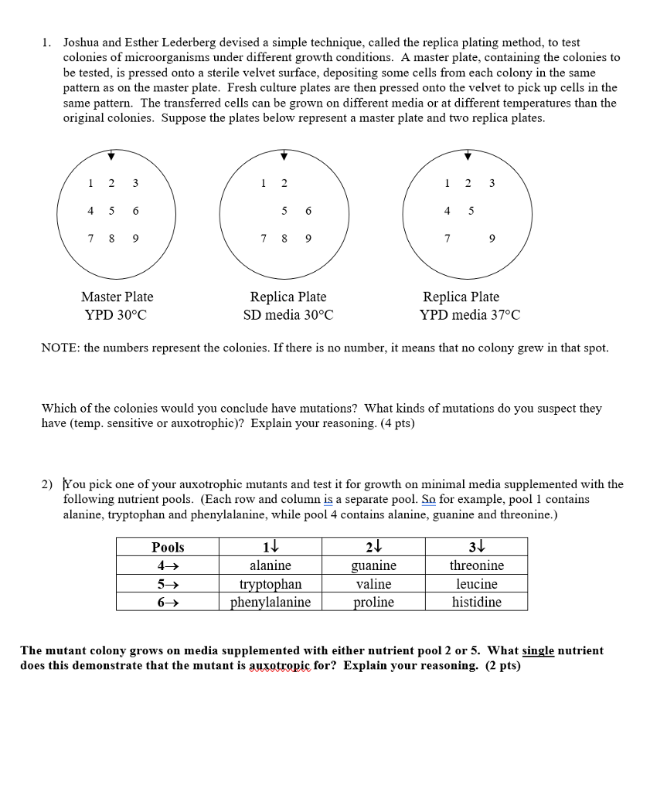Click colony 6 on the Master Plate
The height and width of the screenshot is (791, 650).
(x=136, y=211)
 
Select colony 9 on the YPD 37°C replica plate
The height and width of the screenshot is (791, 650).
(x=493, y=239)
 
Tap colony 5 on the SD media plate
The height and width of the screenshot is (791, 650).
(x=284, y=211)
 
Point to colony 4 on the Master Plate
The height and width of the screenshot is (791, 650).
(x=90, y=211)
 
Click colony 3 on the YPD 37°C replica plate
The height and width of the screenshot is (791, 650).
(x=492, y=183)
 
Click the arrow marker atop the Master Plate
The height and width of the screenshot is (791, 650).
(x=111, y=156)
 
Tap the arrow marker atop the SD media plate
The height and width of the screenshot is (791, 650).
(x=284, y=156)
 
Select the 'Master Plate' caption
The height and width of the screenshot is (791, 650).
(x=117, y=297)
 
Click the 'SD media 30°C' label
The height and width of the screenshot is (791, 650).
(x=288, y=315)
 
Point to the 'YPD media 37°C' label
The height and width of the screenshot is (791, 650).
(x=470, y=315)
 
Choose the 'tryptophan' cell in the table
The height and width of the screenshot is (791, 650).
(x=271, y=584)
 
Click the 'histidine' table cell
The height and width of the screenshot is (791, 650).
(x=476, y=603)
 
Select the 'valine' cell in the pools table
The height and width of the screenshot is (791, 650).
(x=373, y=584)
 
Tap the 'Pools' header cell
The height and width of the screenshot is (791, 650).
(x=168, y=547)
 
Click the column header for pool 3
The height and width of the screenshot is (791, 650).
(x=476, y=547)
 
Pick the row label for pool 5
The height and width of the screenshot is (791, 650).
(x=168, y=584)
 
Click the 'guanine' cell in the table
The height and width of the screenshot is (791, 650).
(x=373, y=565)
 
